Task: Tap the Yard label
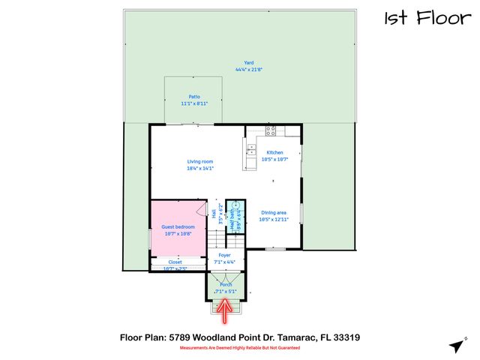pyautogui.click(x=247, y=63)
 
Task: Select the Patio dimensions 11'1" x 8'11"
pyautogui.click(x=194, y=103)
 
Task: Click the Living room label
pyautogui.click(x=200, y=161)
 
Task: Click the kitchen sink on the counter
pyautogui.click(x=249, y=152)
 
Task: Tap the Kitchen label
pyautogui.click(x=274, y=152)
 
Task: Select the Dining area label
pyautogui.click(x=273, y=212)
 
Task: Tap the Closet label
pyautogui.click(x=175, y=262)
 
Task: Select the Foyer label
pyautogui.click(x=224, y=255)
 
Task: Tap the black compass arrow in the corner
pyautogui.click(x=456, y=345)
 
